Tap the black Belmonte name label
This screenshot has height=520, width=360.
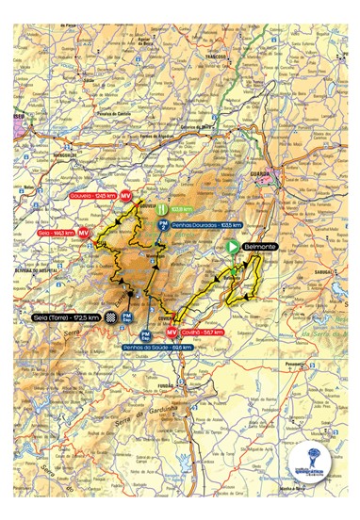[x=259, y=247]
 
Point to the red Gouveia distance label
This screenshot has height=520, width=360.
[x=93, y=196]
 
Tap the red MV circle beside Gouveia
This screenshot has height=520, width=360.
[x=124, y=196]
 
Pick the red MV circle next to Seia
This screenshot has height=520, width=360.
[x=84, y=231]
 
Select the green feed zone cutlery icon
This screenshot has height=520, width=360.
[x=161, y=209]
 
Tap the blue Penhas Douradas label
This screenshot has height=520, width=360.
[x=206, y=225]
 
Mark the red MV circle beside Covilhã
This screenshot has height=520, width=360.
[x=172, y=333]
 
